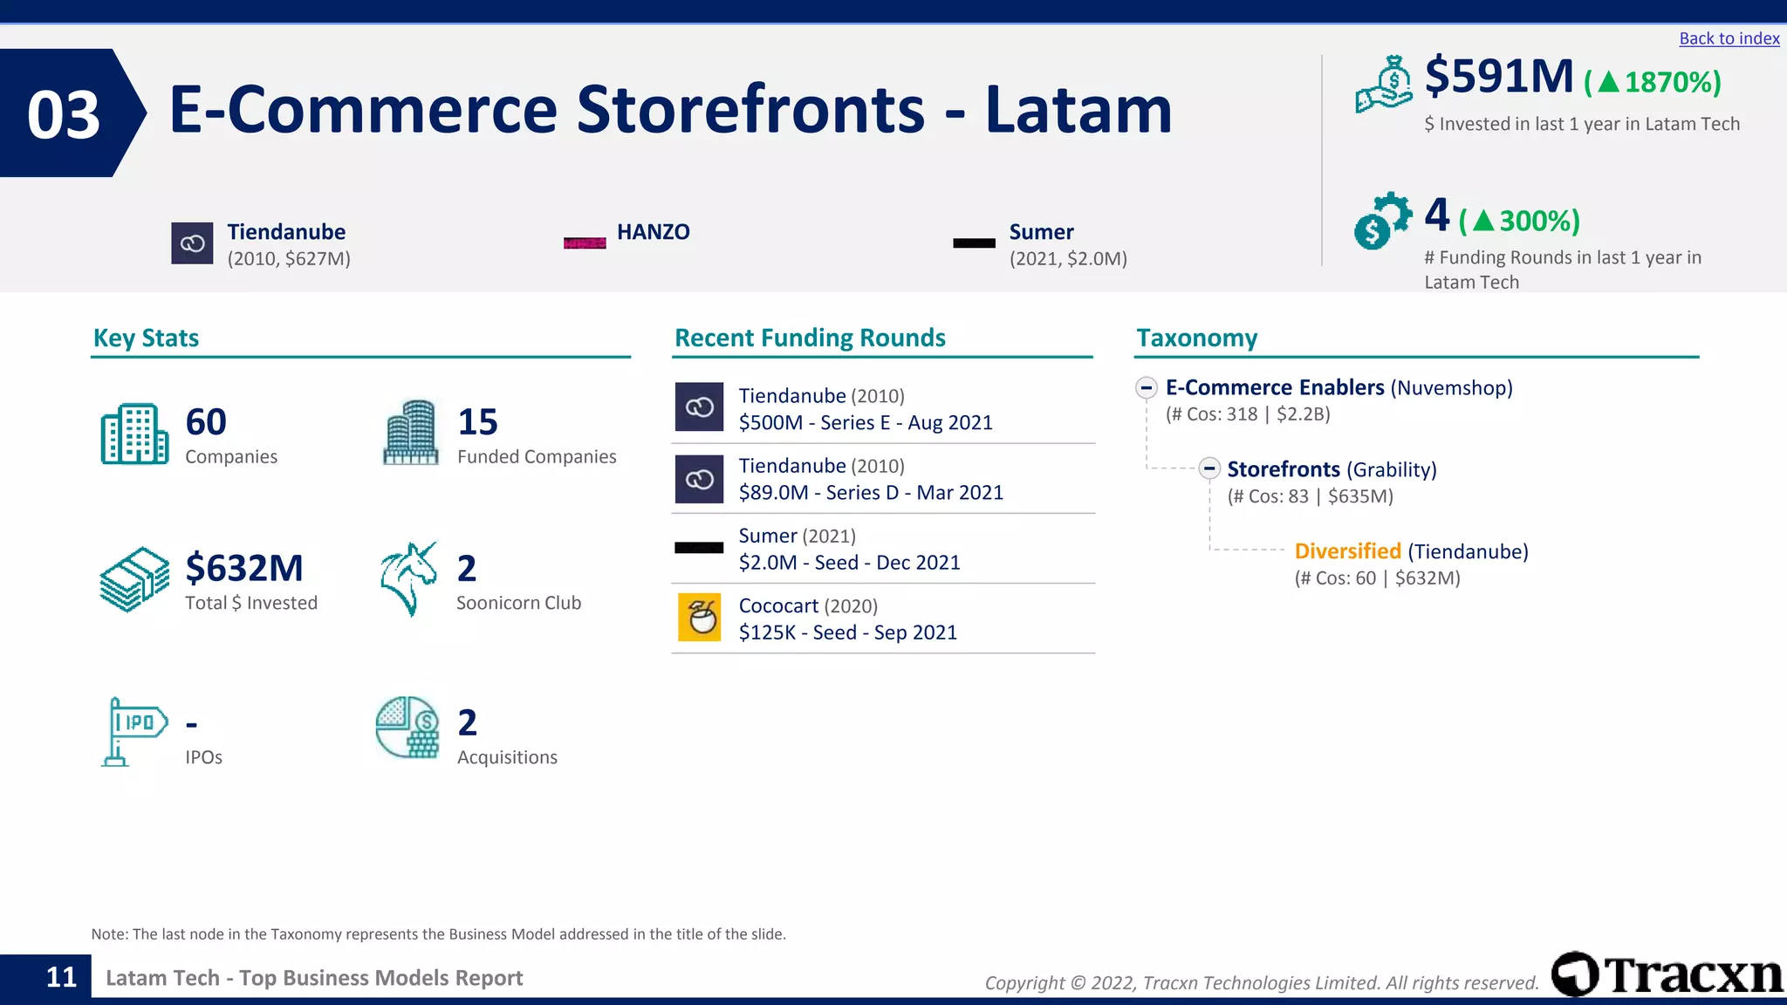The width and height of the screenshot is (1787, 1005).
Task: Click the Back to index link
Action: pyautogui.click(x=1729, y=38)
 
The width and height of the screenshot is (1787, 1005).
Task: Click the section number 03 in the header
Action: pyautogui.click(x=64, y=114)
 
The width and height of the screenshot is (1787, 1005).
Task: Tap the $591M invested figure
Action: pyautogui.click(x=1499, y=77)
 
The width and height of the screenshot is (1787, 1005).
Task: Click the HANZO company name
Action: pyautogui.click(x=653, y=232)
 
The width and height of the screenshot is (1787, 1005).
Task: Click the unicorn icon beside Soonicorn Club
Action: pyautogui.click(x=408, y=578)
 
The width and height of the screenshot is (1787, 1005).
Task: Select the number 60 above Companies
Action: pyautogui.click(x=206, y=422)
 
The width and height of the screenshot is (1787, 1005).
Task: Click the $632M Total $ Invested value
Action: pyautogui.click(x=244, y=569)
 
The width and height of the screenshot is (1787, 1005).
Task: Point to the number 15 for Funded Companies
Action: pyautogui.click(x=477, y=422)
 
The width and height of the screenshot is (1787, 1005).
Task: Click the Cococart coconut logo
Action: pyautogui.click(x=699, y=618)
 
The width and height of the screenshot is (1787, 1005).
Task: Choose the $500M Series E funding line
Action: pyautogui.click(x=865, y=423)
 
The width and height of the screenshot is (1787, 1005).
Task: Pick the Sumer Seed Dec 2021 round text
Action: pyautogui.click(x=848, y=563)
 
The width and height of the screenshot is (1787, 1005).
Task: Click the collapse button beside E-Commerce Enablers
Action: pyautogui.click(x=1147, y=387)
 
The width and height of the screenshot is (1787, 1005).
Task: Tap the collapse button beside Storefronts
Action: pyautogui.click(x=1208, y=468)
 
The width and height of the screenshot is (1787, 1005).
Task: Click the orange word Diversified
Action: pyautogui.click(x=1346, y=551)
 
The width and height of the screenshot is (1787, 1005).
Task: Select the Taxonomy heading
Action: pyautogui.click(x=1196, y=338)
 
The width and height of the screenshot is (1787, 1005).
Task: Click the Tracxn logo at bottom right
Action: pyautogui.click(x=1667, y=974)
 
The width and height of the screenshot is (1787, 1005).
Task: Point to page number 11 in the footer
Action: pyautogui.click(x=61, y=977)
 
